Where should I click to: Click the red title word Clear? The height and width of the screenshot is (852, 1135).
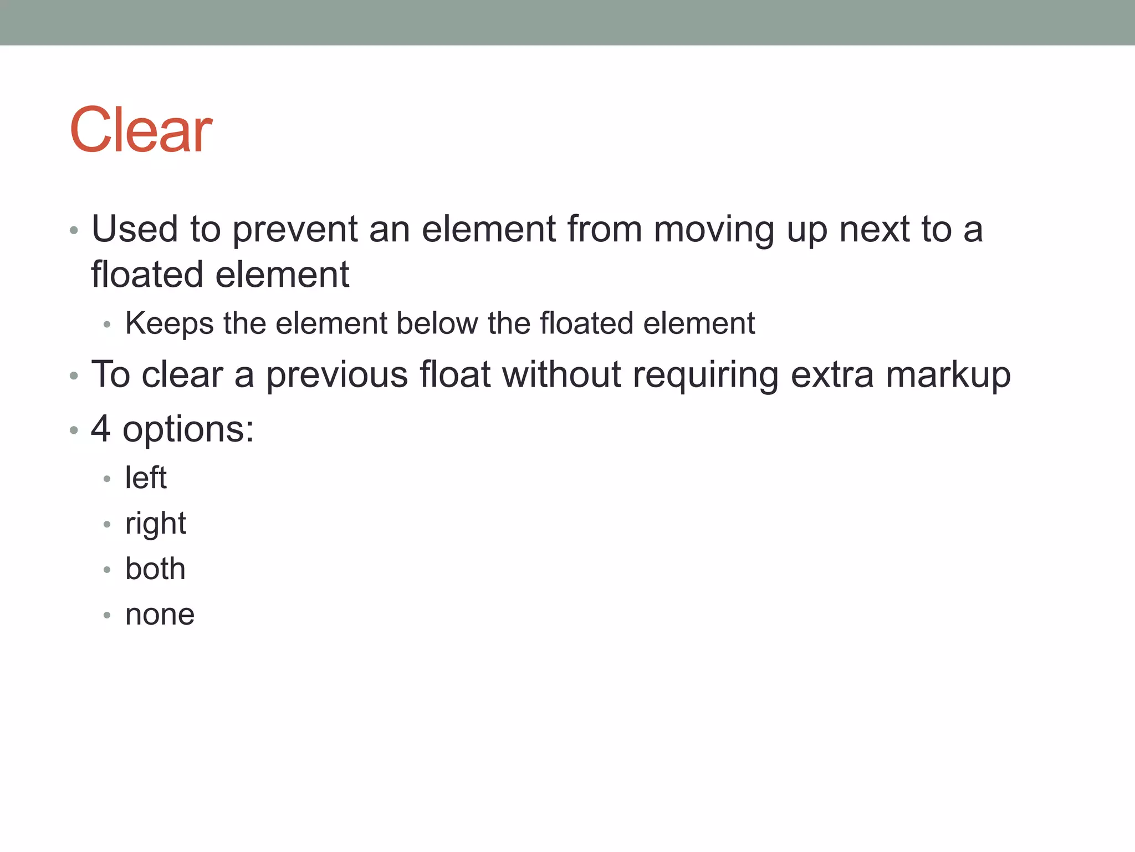pos(141,130)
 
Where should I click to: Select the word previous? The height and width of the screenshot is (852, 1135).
pos(337,375)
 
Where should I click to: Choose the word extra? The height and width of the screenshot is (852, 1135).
pos(832,375)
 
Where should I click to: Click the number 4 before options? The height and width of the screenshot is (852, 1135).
pos(100,429)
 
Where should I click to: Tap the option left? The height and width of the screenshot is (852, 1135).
pos(146,478)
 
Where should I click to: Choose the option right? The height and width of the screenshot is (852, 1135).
pos(156,524)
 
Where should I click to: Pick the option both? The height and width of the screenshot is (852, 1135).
pos(155,569)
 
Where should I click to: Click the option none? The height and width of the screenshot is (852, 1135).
pos(160,615)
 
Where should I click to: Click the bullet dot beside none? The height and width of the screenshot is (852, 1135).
pos(107,615)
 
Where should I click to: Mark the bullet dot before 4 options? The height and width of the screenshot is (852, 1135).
pos(74,430)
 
